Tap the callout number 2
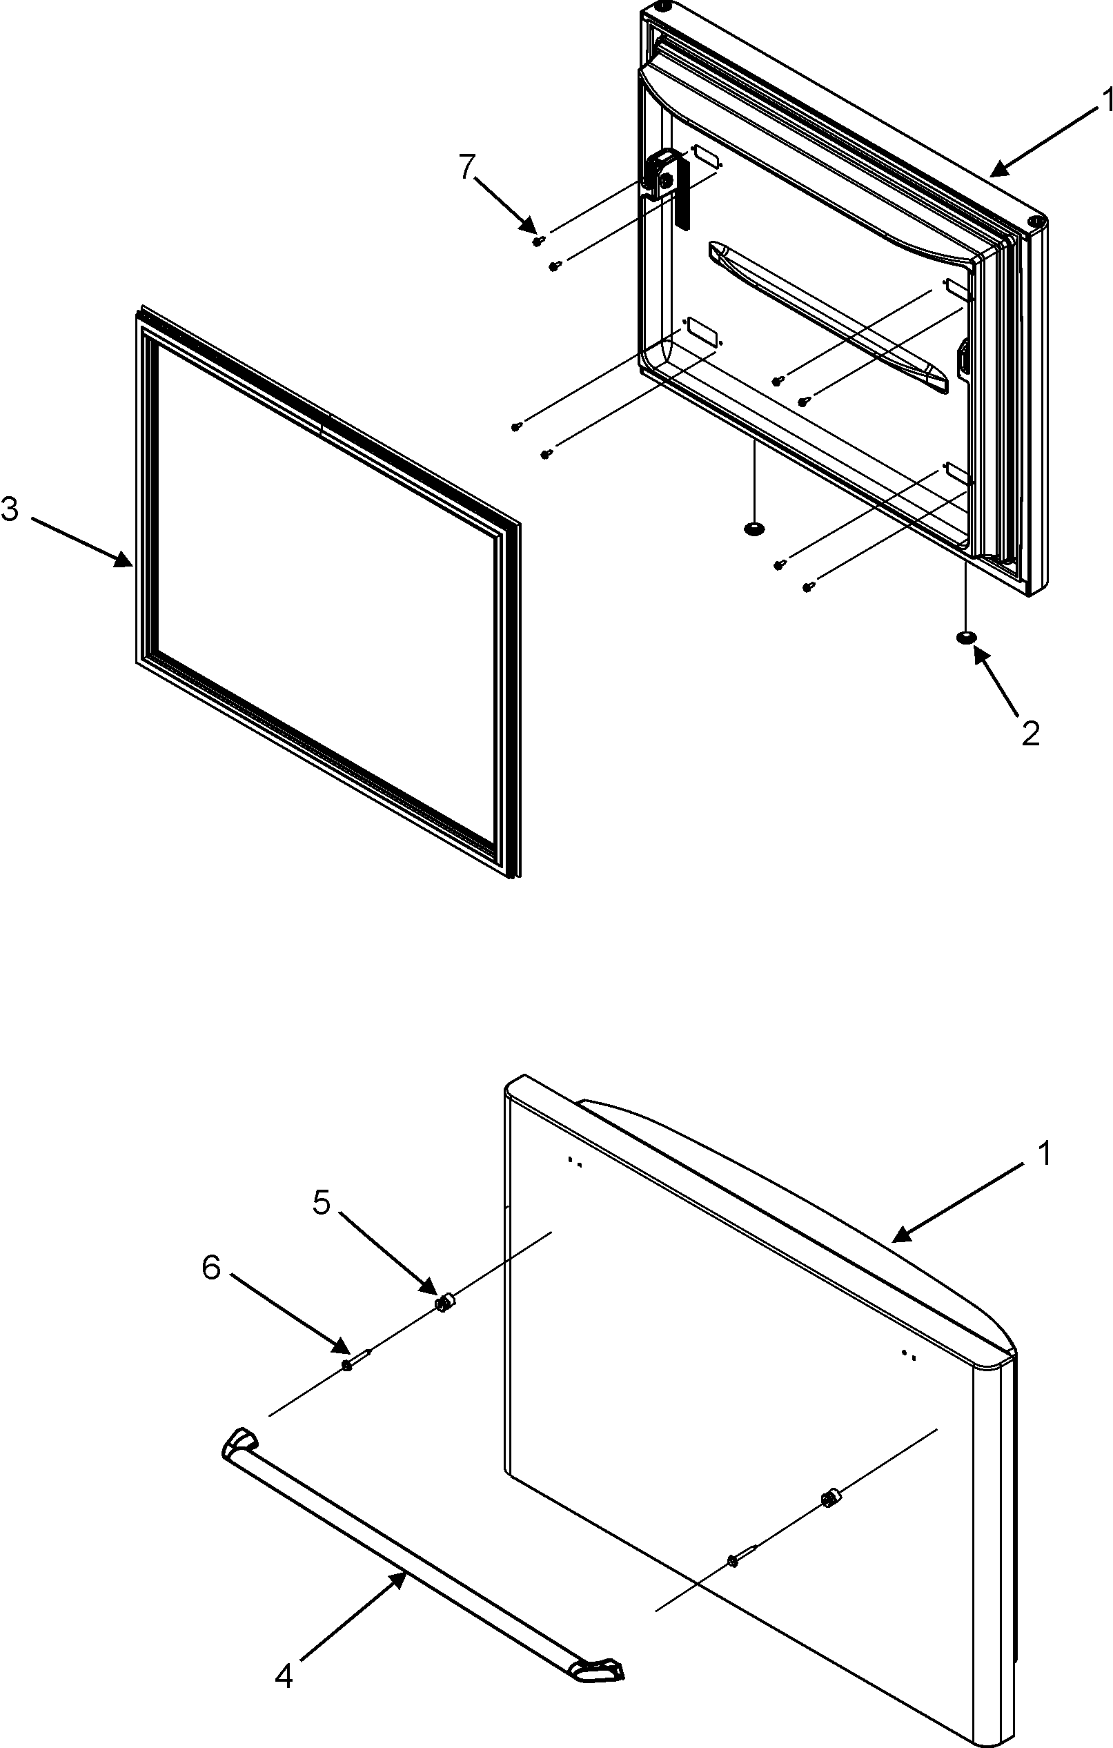pyautogui.click(x=1030, y=733)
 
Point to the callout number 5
pyautogui.click(x=322, y=1202)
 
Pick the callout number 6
pyautogui.click(x=211, y=1268)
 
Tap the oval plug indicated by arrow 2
pyautogui.click(x=965, y=638)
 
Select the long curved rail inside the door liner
pyautogui.click(x=827, y=316)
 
